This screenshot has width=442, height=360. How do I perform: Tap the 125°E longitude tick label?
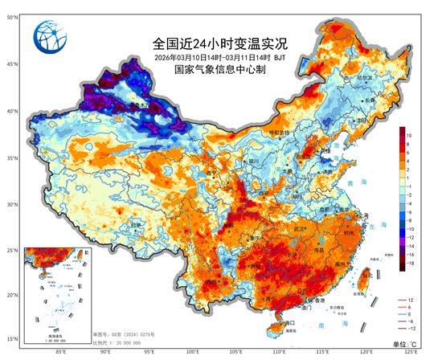click(x=411, y=351)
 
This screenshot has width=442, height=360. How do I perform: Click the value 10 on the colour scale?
click(x=409, y=136)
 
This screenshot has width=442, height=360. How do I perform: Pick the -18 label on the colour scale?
click(x=409, y=263)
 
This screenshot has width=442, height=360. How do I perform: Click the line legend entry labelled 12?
click(x=410, y=299)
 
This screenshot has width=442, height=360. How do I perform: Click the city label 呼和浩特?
click(x=277, y=133)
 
